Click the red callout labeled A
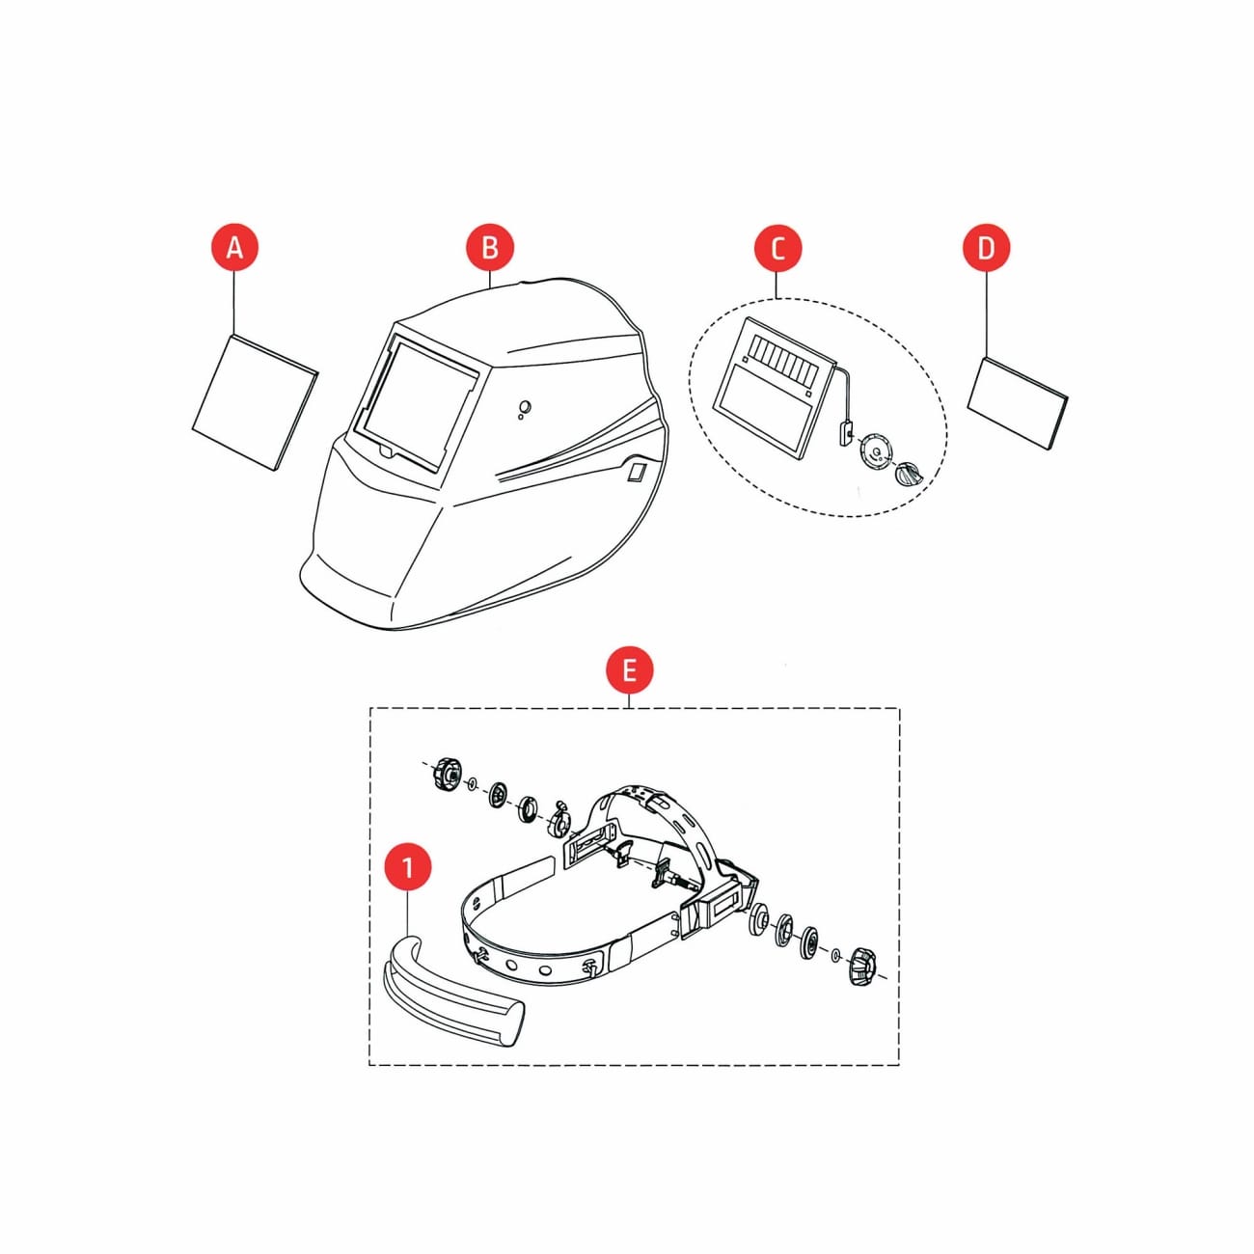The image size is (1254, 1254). (x=234, y=248)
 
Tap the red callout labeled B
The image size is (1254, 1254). (x=489, y=248)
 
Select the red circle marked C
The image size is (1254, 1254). (x=777, y=248)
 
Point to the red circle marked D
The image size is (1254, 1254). (x=987, y=248)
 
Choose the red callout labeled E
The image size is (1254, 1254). (x=629, y=669)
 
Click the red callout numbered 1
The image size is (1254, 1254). (x=408, y=867)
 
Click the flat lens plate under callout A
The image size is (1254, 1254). (x=255, y=402)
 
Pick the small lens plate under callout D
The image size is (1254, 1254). (x=1018, y=403)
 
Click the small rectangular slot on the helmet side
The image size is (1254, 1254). (x=634, y=472)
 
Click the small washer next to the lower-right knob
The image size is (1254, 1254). (x=835, y=955)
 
